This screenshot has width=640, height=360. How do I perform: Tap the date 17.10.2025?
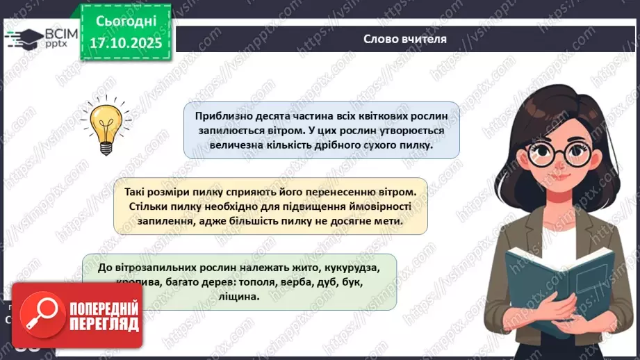click(124, 43)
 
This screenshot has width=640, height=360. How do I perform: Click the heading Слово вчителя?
click(405, 39)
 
